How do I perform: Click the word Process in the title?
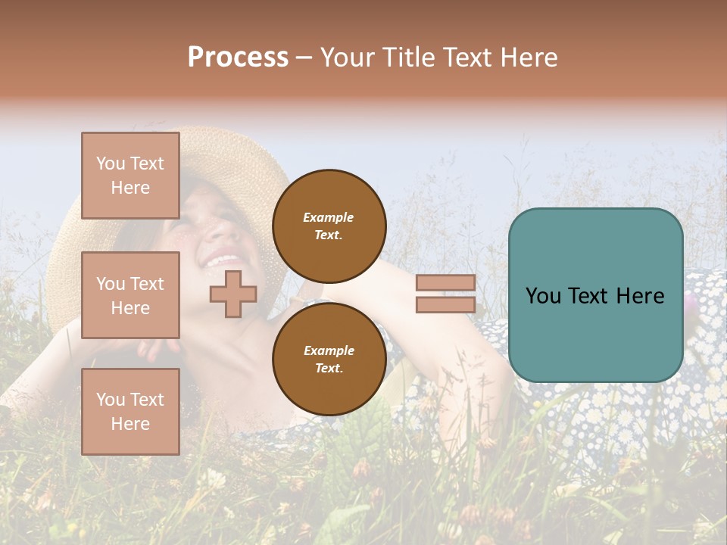[238, 58]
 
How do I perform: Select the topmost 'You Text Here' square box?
[130, 176]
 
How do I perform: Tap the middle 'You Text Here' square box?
[130, 295]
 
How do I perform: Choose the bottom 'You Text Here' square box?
[130, 411]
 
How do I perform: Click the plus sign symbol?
[232, 294]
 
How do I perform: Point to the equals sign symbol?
[445, 294]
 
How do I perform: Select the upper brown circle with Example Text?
[329, 226]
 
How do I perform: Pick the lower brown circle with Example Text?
[329, 360]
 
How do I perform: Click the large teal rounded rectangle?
[595, 295]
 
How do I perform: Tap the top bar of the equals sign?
[445, 283]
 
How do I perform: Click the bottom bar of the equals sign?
[445, 305]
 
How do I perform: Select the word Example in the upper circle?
[329, 217]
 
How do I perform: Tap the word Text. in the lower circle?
[329, 369]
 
